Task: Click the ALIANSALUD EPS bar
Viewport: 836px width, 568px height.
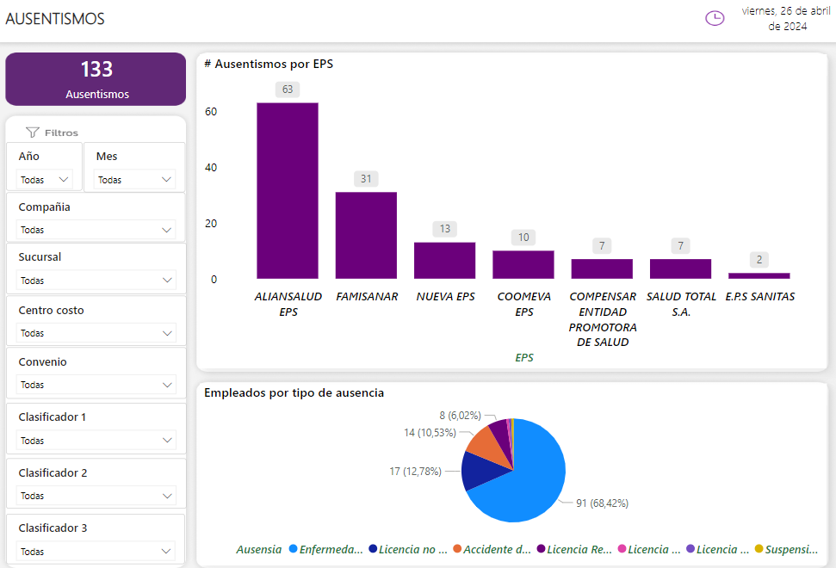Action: pos(288,190)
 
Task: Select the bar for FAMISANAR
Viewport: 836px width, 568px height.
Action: pos(366,235)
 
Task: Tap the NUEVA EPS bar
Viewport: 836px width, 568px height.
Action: pos(444,260)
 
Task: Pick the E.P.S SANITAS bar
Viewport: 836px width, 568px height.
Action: pos(759,275)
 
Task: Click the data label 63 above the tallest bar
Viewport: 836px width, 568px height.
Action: pos(288,90)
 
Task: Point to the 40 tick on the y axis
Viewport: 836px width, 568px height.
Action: pos(211,168)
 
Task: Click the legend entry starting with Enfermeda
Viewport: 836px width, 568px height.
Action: pos(325,549)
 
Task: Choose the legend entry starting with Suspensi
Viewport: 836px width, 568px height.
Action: pos(785,549)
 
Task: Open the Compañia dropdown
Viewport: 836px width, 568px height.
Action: pos(96,230)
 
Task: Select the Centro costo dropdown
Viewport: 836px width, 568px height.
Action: pos(96,333)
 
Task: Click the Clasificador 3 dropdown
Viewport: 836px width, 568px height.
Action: pos(96,552)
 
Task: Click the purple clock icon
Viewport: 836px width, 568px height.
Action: pos(715,18)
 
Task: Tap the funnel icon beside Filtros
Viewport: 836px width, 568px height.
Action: pos(33,133)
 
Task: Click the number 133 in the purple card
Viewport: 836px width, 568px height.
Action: pos(96,70)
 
